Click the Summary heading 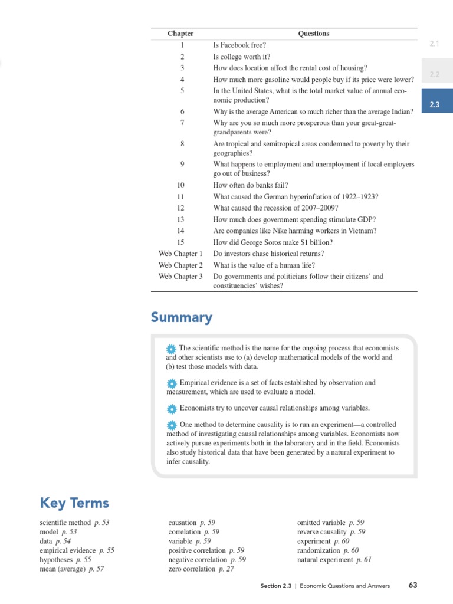(x=181, y=318)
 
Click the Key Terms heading (x=74, y=503)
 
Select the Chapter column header (x=180, y=34)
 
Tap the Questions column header (x=313, y=34)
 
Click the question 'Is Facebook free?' (x=239, y=45)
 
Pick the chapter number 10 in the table (x=181, y=185)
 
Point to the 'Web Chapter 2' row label (x=180, y=265)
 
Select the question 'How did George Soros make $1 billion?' (x=273, y=242)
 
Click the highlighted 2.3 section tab (x=435, y=104)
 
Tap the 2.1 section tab (x=435, y=44)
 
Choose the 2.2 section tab (x=435, y=74)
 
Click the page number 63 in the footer (x=412, y=586)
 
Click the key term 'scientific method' (x=65, y=523)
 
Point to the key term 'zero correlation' (x=192, y=569)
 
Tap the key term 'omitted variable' (x=321, y=523)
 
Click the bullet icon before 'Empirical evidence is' (x=172, y=383)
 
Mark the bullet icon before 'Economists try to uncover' (x=172, y=408)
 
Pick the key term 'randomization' (x=319, y=550)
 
